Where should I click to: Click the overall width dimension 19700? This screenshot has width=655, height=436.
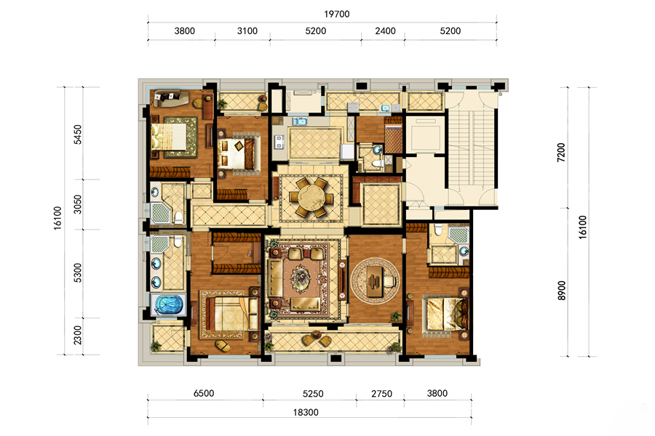click(x=337, y=15)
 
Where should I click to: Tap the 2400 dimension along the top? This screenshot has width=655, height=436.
click(x=385, y=31)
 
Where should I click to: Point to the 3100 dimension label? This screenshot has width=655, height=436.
click(x=247, y=31)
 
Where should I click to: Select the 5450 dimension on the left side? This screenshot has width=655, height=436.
click(x=78, y=134)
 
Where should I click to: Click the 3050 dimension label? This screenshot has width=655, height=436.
click(x=78, y=204)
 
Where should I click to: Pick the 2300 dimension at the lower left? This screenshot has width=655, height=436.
click(x=78, y=335)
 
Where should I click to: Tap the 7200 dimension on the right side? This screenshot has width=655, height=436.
click(x=561, y=153)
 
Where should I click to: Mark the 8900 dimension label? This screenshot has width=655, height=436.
click(x=562, y=291)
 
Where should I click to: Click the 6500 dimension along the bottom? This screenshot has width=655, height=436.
click(x=204, y=393)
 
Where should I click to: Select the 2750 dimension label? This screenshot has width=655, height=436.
click(x=382, y=394)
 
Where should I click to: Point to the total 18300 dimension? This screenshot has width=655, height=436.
click(x=306, y=413)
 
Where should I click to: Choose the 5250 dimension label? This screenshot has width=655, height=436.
click(x=313, y=394)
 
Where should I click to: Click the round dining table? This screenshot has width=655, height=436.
click(x=311, y=198)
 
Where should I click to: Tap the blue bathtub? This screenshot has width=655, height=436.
click(x=170, y=304)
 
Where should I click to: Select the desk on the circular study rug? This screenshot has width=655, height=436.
click(x=375, y=280)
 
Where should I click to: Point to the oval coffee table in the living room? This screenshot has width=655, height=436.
click(x=301, y=276)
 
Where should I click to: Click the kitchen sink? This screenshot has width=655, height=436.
click(x=300, y=121)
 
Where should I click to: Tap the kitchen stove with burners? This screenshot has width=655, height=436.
click(x=279, y=142)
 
